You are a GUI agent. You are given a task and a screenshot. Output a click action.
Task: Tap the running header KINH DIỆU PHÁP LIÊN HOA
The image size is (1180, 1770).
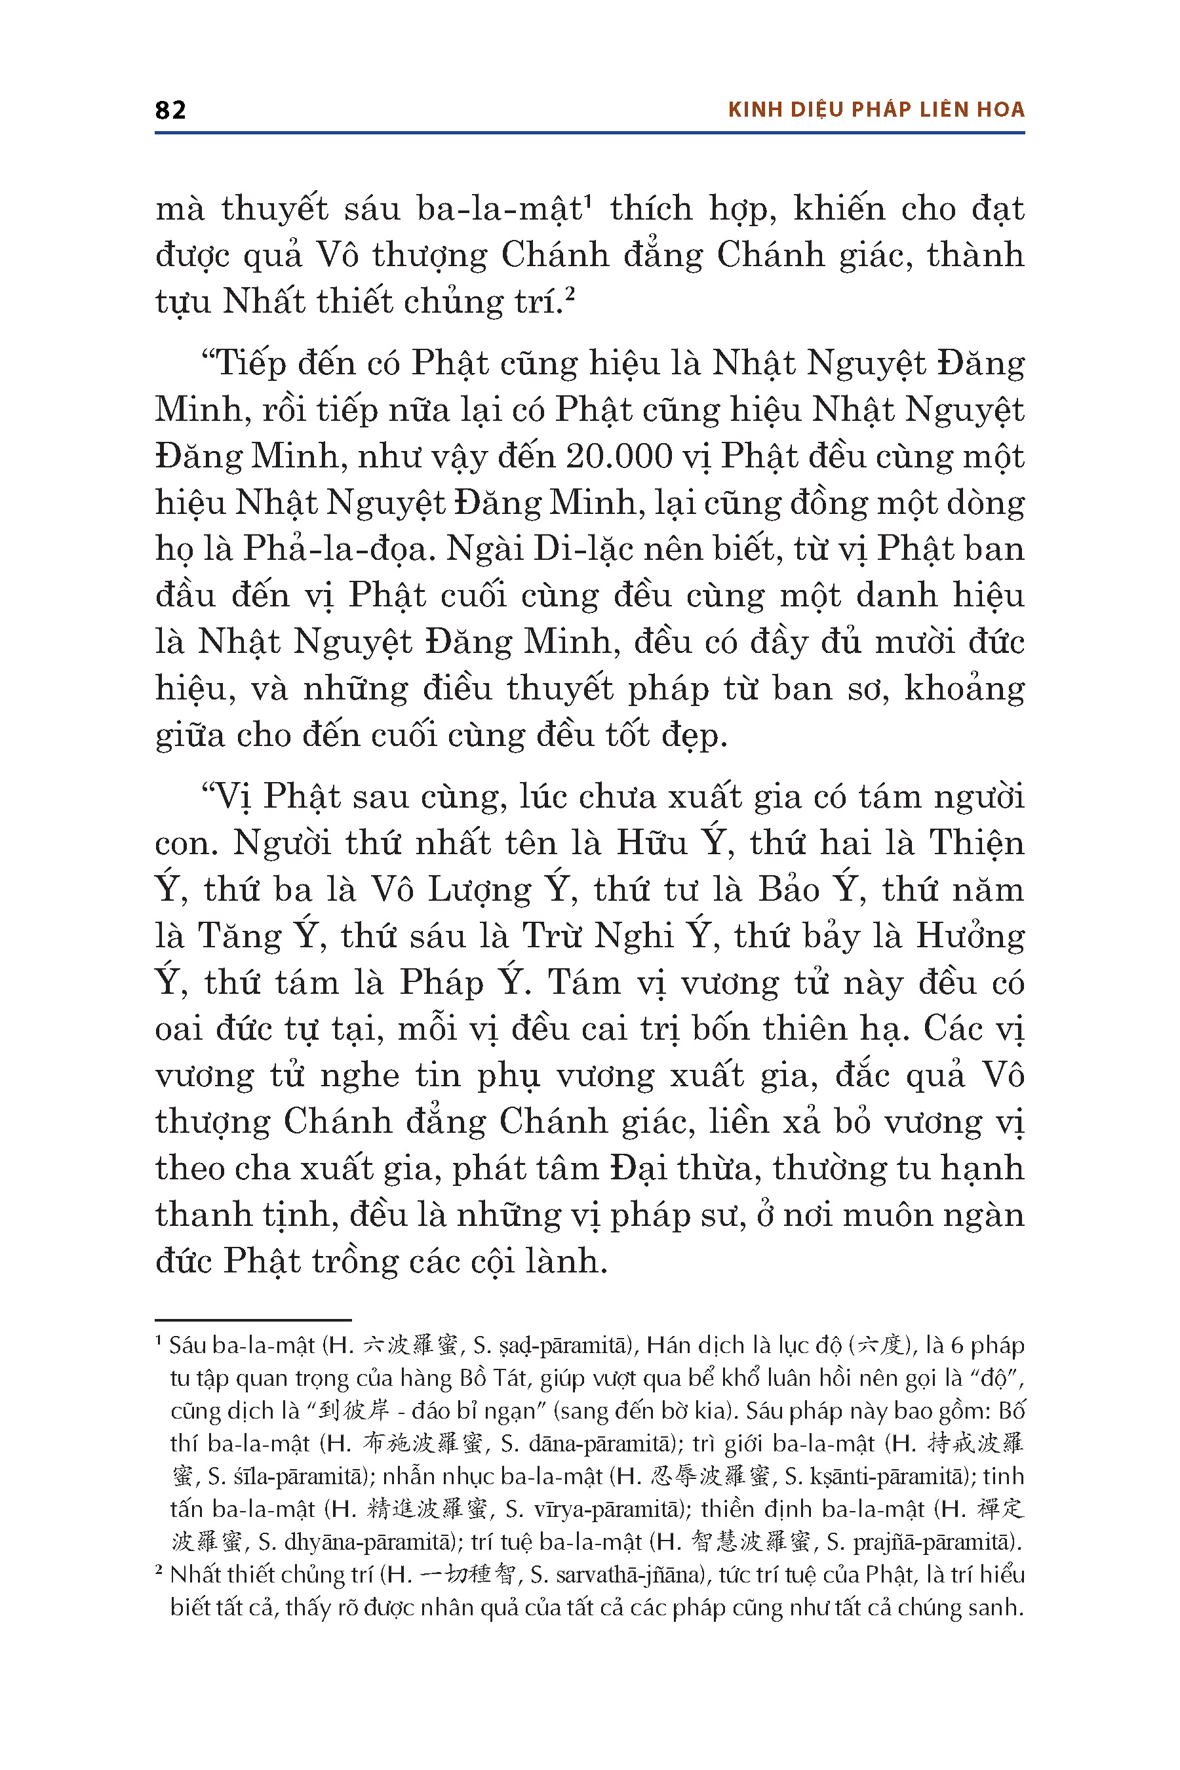pos(876,110)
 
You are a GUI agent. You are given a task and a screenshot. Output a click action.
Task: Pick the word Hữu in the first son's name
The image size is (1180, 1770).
pos(652,843)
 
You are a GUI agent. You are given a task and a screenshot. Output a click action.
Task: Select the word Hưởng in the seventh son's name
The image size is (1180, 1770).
pos(970,937)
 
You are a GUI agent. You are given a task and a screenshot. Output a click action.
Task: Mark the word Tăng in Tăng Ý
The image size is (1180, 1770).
pos(239,937)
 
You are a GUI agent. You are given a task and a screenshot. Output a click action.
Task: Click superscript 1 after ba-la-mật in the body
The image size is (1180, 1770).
pos(589,201)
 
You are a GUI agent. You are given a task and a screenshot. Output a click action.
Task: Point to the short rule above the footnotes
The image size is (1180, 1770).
pos(253,1320)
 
